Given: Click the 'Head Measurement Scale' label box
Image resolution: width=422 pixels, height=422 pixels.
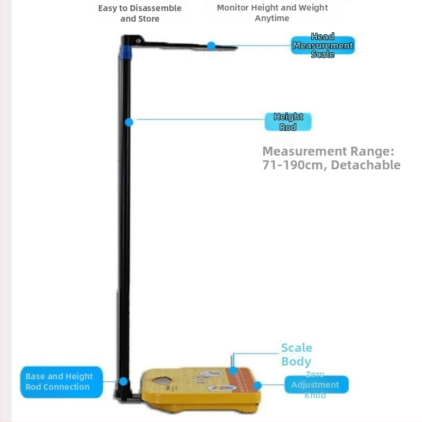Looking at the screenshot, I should [322, 45].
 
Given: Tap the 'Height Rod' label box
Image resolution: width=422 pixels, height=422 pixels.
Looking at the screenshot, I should [288, 122].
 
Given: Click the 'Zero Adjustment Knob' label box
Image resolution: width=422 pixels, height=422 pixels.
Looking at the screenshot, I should [315, 385].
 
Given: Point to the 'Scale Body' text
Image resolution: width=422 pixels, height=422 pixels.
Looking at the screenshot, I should [296, 354].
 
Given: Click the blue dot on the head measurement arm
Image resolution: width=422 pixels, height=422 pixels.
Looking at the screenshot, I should [211, 46].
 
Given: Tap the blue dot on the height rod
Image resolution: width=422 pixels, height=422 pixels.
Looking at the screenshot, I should [129, 122].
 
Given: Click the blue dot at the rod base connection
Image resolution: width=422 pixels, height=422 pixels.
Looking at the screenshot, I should [123, 381].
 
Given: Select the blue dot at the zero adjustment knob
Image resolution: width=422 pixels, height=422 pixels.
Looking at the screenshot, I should [257, 385].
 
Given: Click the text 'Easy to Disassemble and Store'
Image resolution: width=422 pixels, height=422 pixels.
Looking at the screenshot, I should [140, 14].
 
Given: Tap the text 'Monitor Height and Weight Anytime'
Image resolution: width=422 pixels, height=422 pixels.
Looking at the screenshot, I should [272, 13].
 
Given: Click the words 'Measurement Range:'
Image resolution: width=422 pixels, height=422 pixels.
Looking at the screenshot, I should [328, 151].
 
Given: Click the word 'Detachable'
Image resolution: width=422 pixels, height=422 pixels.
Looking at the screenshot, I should [366, 165].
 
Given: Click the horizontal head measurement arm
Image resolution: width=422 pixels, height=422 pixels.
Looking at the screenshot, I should [185, 46].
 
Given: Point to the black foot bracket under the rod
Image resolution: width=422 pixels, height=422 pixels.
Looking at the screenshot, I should [127, 397].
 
